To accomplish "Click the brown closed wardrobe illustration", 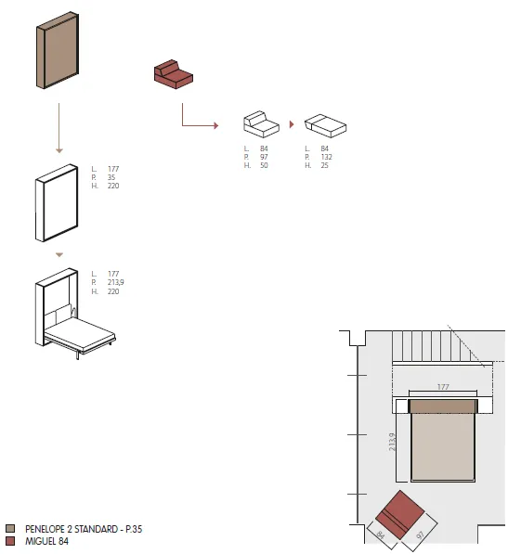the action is tap(58, 50).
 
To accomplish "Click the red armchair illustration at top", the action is tap(174, 74).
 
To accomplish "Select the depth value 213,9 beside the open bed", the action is tap(116, 282).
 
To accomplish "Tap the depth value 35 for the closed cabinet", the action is tap(111, 177).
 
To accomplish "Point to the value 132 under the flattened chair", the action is tap(326, 157).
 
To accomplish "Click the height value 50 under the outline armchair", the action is tap(264, 165).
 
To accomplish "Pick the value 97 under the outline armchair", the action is tap(264, 157).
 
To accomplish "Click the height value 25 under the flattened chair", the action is tap(325, 165).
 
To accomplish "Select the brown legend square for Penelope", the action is tap(10, 529).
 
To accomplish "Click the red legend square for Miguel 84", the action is tap(10, 541).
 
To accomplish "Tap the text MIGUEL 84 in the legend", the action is tap(46, 541).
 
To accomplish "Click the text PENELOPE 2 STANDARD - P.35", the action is tap(84, 529).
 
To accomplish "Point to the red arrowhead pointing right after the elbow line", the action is tap(216, 125).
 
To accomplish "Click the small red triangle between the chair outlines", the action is tap(292, 124).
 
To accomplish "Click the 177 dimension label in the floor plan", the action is tap(443, 387).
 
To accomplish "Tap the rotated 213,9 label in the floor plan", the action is tap(392, 442).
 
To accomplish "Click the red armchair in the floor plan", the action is tap(399, 514).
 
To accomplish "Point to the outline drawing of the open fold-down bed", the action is tap(75, 314).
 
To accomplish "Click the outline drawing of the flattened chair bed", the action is tap(325, 125).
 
